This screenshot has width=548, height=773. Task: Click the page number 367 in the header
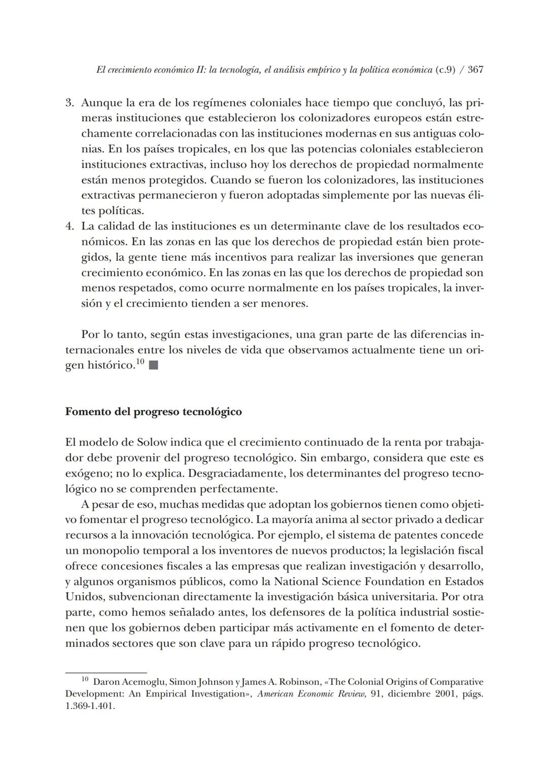pyautogui.click(x=475, y=70)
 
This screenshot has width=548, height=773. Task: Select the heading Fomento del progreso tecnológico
pyautogui.click(x=153, y=412)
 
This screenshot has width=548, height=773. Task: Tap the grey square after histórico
pyautogui.click(x=154, y=365)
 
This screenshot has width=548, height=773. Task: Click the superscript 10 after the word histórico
pyautogui.click(x=140, y=362)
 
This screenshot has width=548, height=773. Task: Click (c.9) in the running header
pyautogui.click(x=445, y=70)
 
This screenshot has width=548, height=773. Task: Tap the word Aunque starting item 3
pyautogui.click(x=99, y=103)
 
